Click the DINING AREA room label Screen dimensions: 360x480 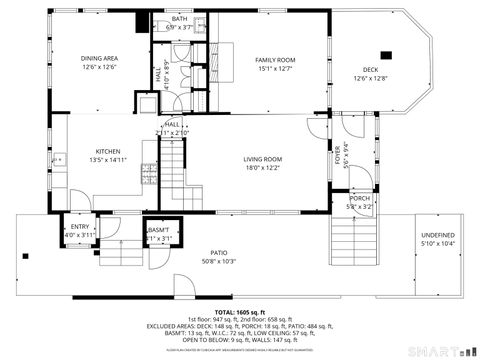[99, 58]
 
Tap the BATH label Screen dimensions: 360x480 [179, 18]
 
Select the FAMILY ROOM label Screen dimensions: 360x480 [276, 60]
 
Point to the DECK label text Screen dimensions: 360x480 [370, 69]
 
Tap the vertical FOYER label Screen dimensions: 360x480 [337, 158]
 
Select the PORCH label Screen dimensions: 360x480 [360, 198]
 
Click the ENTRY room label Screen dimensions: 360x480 [80, 227]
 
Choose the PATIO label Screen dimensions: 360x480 [217, 253]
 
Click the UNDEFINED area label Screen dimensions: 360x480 [436, 234]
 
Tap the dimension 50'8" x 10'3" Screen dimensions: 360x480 [217, 261]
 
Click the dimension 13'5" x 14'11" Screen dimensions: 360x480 [108, 158]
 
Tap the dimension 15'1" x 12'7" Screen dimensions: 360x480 [276, 68]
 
